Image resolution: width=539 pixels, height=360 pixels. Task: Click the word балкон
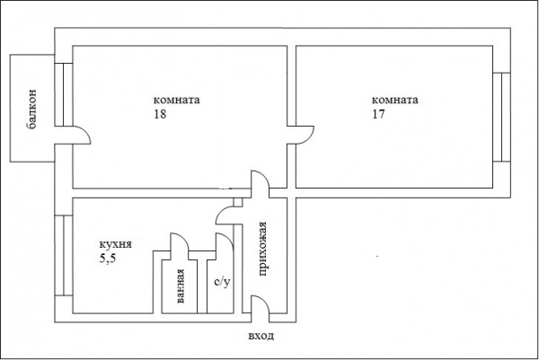tap(31, 109)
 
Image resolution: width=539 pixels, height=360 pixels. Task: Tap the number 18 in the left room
tap(160, 114)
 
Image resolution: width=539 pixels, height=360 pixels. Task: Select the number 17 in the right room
tap(378, 114)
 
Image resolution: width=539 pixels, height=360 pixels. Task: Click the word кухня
tap(116, 244)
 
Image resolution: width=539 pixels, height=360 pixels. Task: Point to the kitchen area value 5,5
tap(108, 259)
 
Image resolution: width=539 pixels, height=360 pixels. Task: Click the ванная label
tap(181, 286)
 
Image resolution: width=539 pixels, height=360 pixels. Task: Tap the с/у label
tap(222, 282)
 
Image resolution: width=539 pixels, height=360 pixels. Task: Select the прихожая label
tap(262, 249)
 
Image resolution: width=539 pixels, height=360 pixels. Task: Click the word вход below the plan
tap(261, 336)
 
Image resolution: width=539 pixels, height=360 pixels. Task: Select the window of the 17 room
tap(501, 117)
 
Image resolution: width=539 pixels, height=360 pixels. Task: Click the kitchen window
tap(64, 255)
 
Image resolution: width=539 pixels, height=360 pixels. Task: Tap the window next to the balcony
tap(64, 94)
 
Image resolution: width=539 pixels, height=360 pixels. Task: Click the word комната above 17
tap(395, 100)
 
